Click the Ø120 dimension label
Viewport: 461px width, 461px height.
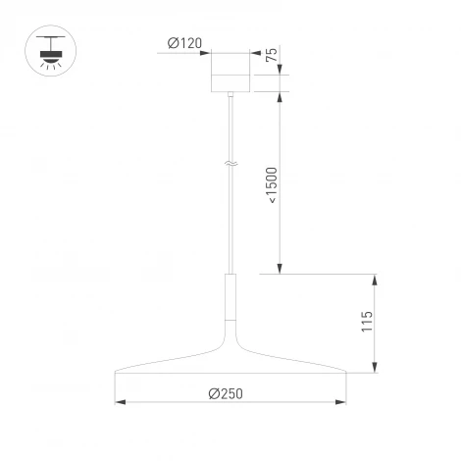[x=184, y=42]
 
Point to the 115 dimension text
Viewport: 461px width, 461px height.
[x=367, y=324]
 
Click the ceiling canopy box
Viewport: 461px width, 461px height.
[x=231, y=75]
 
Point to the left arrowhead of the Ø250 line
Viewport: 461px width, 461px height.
[x=121, y=402]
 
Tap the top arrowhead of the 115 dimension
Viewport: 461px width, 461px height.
[x=375, y=278]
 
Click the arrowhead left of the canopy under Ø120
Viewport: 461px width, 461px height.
[x=208, y=52]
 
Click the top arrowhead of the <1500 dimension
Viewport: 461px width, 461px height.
[x=281, y=98]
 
